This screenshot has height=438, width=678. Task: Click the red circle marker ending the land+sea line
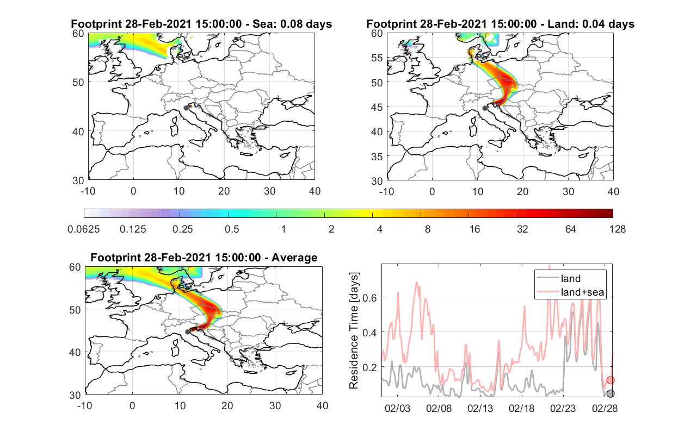pos(611,380)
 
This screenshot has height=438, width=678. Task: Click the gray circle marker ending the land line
pos(611,393)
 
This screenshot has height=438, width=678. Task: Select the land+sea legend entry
pos(570,292)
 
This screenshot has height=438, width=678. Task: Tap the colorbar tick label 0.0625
pos(84,229)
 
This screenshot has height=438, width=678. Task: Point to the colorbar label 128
pos(617,229)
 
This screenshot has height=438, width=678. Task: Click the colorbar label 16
pos(474,229)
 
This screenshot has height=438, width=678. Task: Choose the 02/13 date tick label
pos(480,408)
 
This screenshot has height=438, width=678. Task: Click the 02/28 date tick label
pos(605,408)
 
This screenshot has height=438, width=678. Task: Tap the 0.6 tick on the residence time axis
pos(369,298)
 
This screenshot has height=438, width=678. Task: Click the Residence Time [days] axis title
pos(354,330)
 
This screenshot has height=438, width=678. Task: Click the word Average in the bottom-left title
pos(294,258)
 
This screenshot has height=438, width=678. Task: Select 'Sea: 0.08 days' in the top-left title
pos(292,24)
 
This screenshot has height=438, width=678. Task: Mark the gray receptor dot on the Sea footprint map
pos(186,108)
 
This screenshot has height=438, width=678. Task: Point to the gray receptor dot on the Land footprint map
pos(485,108)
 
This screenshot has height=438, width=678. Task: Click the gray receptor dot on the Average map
pos(188,331)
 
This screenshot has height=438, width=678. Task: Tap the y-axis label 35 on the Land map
pos(377,157)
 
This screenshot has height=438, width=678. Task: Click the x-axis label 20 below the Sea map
pos(224,191)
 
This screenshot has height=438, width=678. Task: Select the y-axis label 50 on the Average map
pos(75,310)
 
